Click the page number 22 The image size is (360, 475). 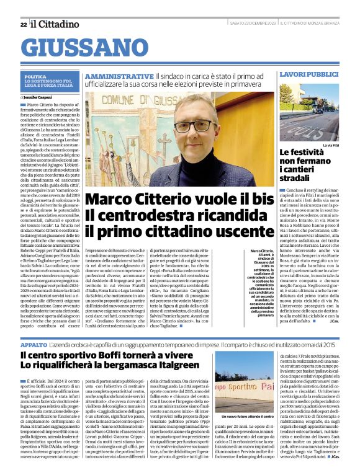[23, 24]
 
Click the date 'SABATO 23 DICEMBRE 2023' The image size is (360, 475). [246, 24]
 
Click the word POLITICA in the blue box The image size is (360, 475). [35, 76]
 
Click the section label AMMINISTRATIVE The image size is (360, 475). [118, 74]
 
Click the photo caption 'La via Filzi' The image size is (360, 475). [331, 144]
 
